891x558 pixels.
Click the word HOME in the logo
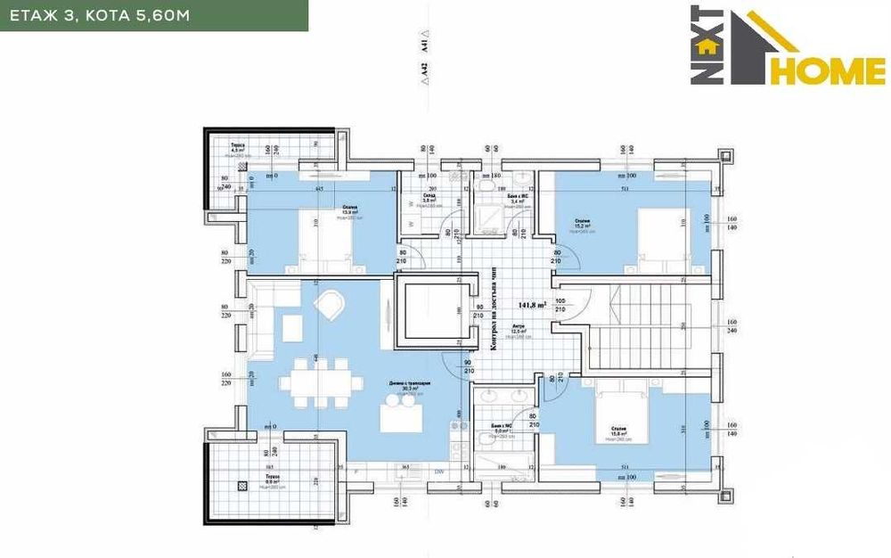pyautogui.click(x=828, y=70)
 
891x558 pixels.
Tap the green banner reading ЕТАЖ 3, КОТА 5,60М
pyautogui.click(x=153, y=16)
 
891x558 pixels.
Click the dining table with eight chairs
pyautogui.click(x=321, y=384)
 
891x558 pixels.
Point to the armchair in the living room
pyautogui.click(x=327, y=306)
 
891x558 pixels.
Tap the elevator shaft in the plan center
pyautogui.click(x=432, y=312)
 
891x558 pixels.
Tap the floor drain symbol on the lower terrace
pyautogui.click(x=241, y=486)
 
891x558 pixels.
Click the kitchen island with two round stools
pyautogui.click(x=404, y=414)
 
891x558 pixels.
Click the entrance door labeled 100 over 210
pyautogui.click(x=570, y=308)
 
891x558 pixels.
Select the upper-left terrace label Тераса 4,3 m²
pyautogui.click(x=238, y=148)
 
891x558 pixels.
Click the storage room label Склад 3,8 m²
pyautogui.click(x=429, y=199)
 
